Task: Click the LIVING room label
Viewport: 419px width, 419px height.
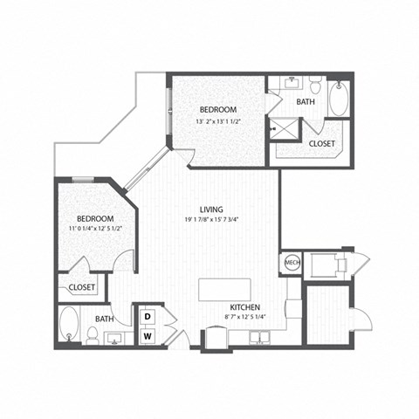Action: tap(211, 209)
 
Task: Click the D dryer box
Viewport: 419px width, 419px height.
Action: tap(148, 315)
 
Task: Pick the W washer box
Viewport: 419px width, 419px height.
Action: tap(148, 334)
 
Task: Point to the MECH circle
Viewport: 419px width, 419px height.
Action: tap(291, 262)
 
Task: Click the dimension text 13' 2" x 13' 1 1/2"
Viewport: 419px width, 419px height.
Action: tap(217, 120)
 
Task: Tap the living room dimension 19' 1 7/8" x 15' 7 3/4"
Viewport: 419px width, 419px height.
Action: tap(212, 220)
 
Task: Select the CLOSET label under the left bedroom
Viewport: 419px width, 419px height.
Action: tap(82, 286)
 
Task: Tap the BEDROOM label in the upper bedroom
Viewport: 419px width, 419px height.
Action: tap(217, 109)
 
